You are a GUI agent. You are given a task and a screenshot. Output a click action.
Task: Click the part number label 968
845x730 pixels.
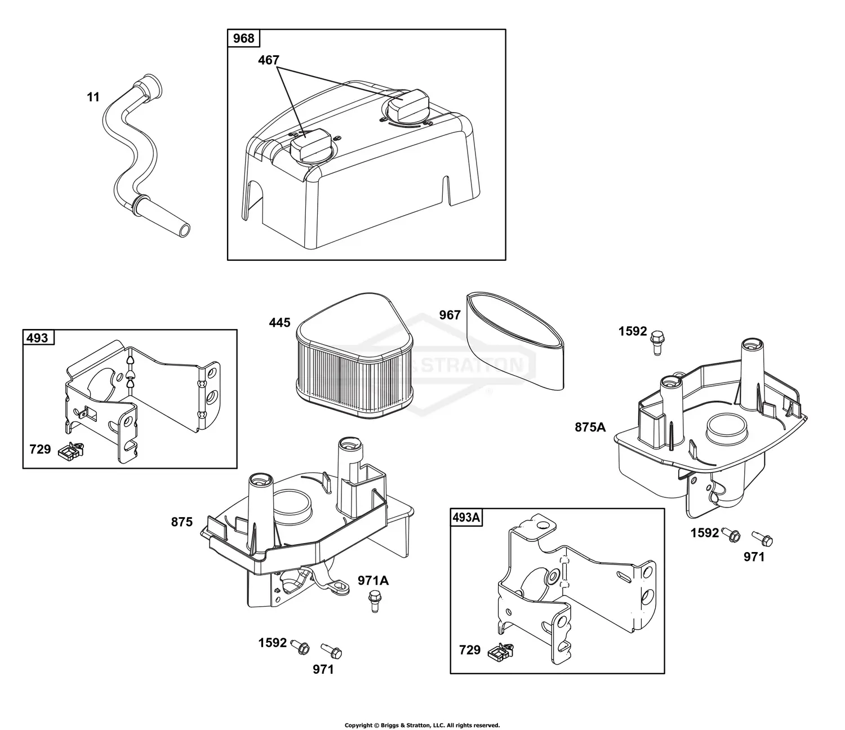[243, 39]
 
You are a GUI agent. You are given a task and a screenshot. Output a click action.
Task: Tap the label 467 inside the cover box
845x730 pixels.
[269, 60]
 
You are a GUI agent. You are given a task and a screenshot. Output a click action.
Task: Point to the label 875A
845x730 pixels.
[590, 428]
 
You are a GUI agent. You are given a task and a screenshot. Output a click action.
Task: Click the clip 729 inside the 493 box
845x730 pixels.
[72, 450]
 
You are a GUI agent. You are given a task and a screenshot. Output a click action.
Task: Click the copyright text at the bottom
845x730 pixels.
[422, 725]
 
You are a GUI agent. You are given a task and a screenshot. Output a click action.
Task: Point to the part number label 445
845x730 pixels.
[279, 323]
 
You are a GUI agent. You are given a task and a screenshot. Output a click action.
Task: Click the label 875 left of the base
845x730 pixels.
[182, 522]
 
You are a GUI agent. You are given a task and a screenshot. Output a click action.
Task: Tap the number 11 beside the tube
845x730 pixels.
[93, 97]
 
